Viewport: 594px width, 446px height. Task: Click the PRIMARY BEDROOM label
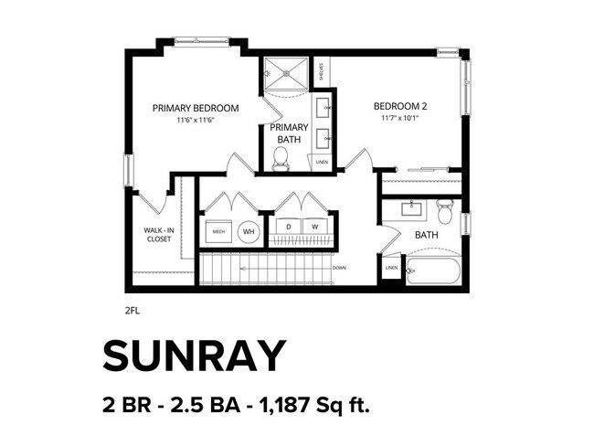[x=196, y=108]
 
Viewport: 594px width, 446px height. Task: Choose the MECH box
[x=218, y=232]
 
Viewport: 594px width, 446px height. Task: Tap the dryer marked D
[x=289, y=226]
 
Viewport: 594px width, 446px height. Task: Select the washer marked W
[x=314, y=226]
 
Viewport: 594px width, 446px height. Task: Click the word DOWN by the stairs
[x=339, y=268]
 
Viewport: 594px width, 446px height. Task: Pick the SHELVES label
[x=322, y=70]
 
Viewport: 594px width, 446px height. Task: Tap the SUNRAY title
[x=195, y=356]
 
